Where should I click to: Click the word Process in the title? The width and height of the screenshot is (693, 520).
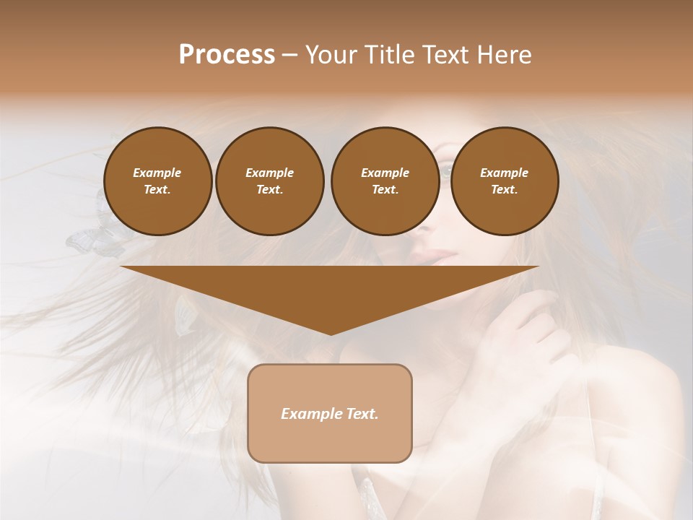(227, 55)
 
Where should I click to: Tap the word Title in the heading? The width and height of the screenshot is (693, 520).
(388, 55)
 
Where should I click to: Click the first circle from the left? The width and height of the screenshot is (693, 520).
(157, 181)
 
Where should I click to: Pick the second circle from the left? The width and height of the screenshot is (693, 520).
(269, 181)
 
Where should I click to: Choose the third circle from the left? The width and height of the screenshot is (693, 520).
(385, 181)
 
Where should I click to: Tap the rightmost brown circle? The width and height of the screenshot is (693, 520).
(504, 181)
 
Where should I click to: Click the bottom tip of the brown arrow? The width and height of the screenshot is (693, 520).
(331, 333)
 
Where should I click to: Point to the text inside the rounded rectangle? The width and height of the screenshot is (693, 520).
(330, 414)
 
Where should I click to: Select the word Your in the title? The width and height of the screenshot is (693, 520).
(329, 55)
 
